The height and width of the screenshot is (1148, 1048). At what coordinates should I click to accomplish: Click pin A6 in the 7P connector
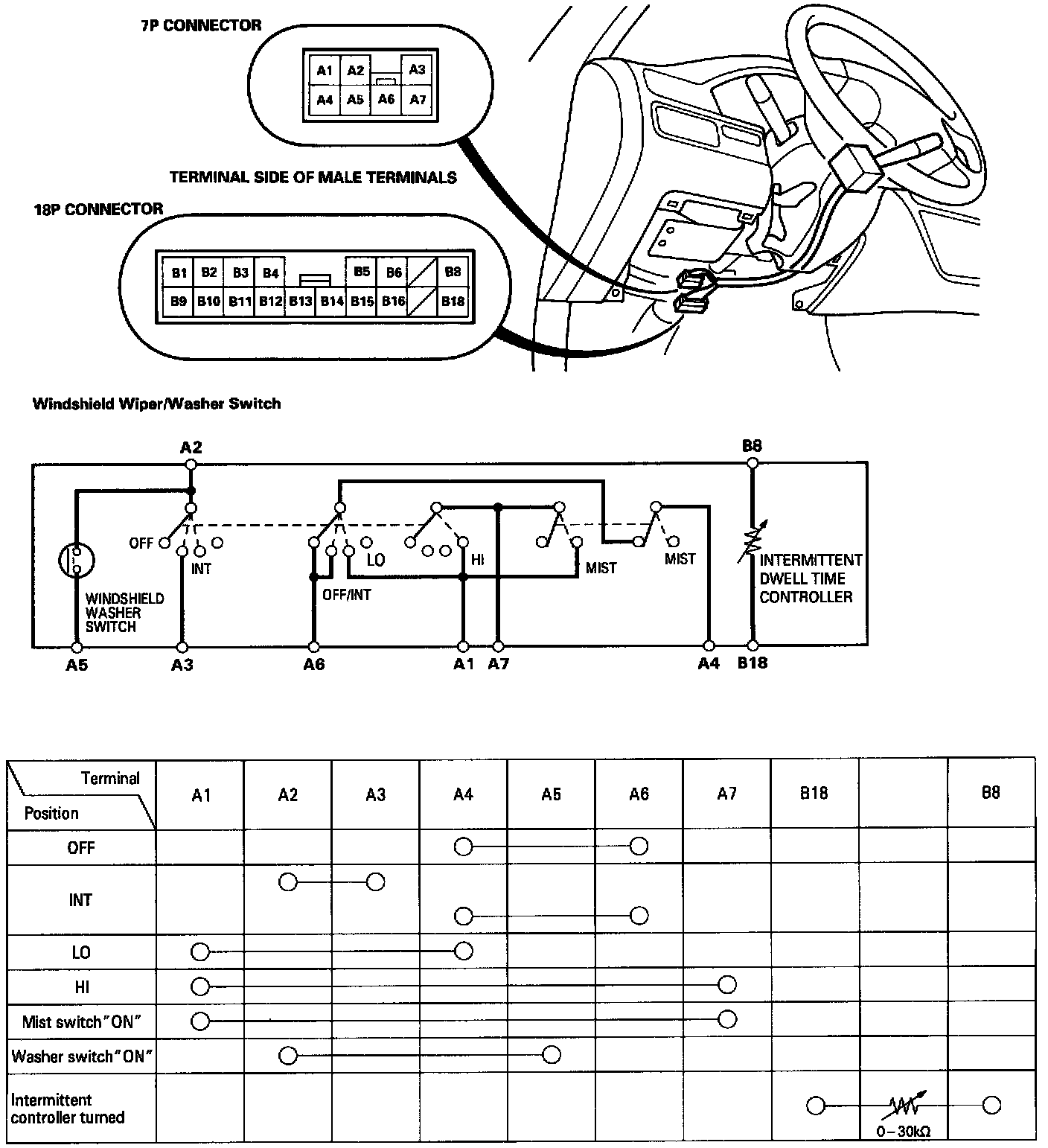[x=386, y=99]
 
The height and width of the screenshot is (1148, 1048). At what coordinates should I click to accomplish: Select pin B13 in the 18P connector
[x=301, y=302]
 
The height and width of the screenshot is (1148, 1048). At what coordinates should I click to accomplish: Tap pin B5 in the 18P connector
[x=362, y=272]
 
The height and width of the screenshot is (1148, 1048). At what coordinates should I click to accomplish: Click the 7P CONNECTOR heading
[x=201, y=25]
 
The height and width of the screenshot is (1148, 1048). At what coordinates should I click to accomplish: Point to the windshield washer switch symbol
[x=77, y=561]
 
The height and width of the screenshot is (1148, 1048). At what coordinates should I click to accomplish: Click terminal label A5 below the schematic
[x=77, y=665]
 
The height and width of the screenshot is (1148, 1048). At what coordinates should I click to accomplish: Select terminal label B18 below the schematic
[x=753, y=663]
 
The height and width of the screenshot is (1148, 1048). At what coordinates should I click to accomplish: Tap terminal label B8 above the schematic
[x=753, y=446]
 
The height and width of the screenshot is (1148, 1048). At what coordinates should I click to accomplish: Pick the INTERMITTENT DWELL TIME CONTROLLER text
[x=810, y=578]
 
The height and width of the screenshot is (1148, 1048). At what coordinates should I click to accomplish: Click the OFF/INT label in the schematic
[x=347, y=595]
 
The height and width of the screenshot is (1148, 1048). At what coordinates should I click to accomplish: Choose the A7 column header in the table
[x=727, y=794]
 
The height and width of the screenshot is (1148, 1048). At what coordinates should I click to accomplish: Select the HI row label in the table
[x=82, y=987]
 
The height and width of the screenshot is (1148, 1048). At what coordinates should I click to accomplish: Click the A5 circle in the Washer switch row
[x=552, y=1055]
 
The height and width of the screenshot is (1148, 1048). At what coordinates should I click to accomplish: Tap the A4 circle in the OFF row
[x=464, y=846]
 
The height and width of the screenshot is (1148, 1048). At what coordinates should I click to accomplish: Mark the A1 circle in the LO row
[x=199, y=951]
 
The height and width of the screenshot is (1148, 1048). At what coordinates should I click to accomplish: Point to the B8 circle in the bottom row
[x=991, y=1106]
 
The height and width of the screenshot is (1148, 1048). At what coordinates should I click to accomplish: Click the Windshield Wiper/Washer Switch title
[x=157, y=404]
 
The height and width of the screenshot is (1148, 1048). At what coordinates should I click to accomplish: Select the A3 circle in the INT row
[x=376, y=883]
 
